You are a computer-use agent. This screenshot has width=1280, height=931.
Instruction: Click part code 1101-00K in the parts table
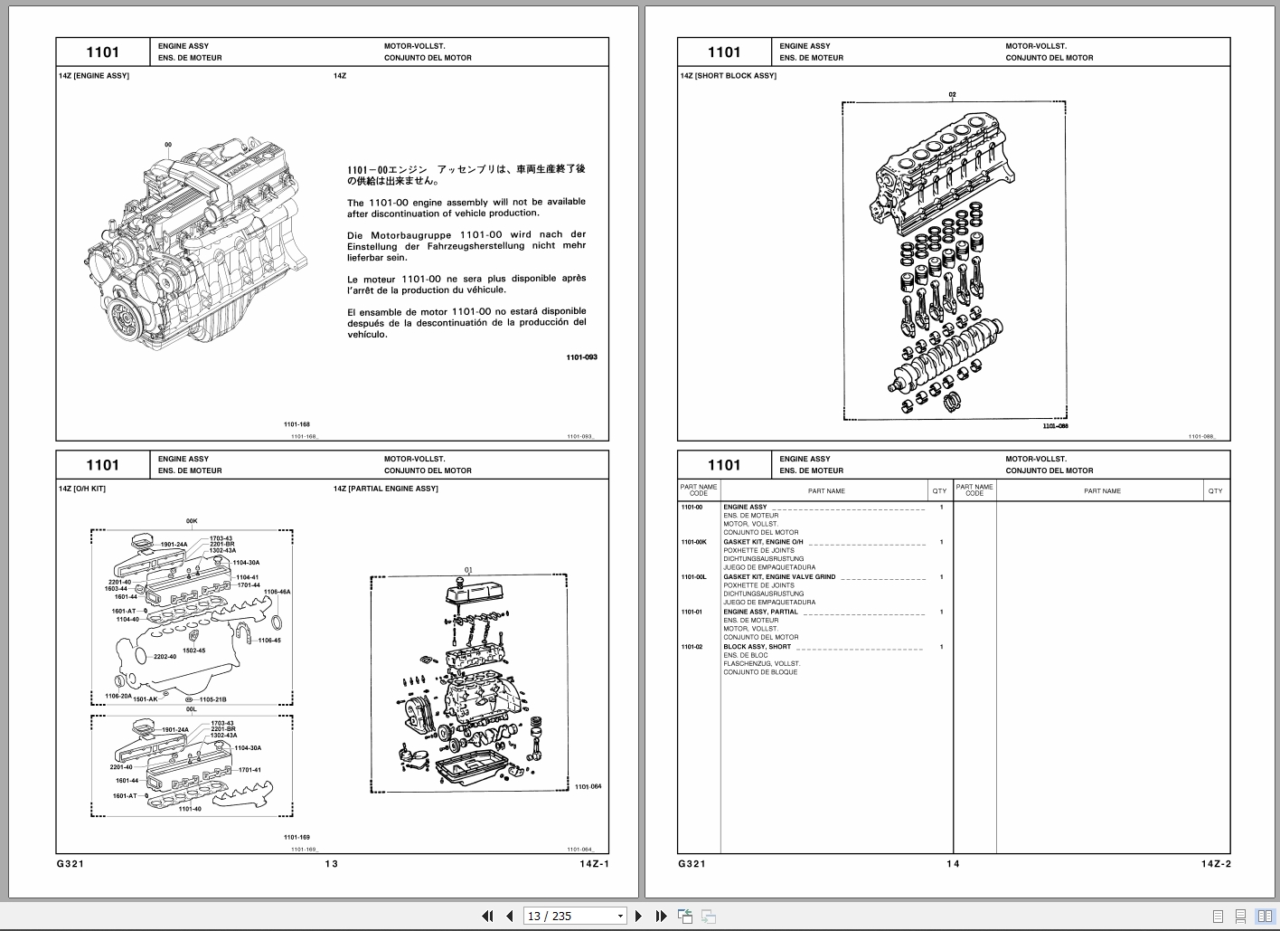[693, 542]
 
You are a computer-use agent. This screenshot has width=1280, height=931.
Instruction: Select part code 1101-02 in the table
[692, 647]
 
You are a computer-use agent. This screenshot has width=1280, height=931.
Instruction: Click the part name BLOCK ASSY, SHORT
[757, 647]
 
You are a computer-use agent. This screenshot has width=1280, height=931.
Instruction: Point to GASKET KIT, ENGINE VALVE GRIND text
[779, 577]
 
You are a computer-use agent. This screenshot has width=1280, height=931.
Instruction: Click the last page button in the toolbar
[661, 916]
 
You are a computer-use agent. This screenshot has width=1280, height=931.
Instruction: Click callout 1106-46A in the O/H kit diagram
[277, 592]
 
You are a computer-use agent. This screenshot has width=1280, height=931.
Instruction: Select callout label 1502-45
[193, 651]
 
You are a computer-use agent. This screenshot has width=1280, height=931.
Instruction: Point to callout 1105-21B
[212, 699]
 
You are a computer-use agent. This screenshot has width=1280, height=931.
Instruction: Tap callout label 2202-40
[165, 657]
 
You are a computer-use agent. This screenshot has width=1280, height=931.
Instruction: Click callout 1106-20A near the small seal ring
[118, 697]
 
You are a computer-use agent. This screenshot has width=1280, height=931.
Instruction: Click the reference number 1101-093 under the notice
[581, 357]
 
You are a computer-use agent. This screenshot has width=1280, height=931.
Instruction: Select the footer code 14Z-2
[1216, 864]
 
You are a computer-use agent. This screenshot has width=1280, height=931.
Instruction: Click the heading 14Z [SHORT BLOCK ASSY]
[728, 76]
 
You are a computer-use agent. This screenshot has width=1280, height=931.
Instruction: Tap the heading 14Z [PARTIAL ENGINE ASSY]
[385, 489]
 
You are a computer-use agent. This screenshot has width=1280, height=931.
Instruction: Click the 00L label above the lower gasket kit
[192, 709]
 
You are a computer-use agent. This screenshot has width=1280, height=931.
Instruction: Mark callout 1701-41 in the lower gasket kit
[249, 770]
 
